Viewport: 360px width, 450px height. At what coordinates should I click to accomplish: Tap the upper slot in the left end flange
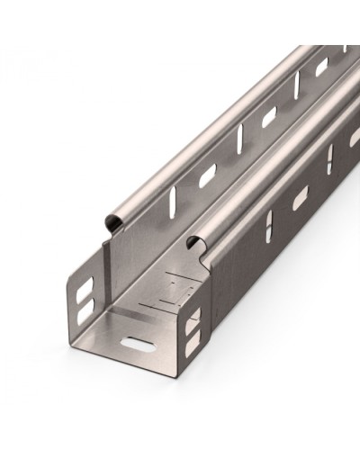coord(83,289)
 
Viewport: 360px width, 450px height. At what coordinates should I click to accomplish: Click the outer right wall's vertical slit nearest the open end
coord(268,229)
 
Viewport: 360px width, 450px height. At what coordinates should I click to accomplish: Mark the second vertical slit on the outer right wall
coord(329,158)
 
